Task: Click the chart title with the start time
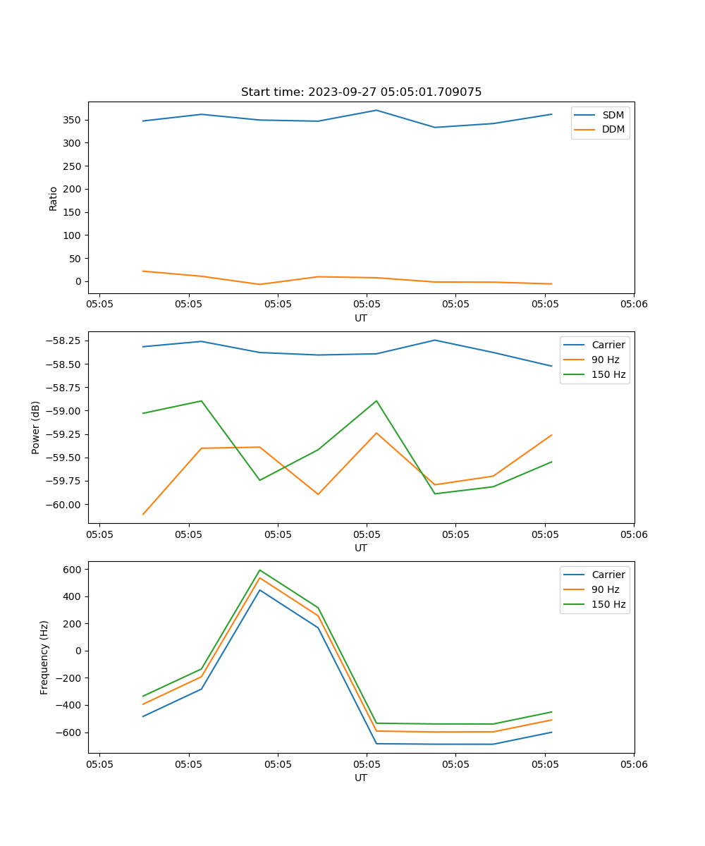click(361, 92)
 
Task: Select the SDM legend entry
click(613, 115)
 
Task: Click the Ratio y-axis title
click(54, 198)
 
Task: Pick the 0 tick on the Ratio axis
click(78, 281)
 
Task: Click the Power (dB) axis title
click(36, 427)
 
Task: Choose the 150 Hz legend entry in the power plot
click(608, 374)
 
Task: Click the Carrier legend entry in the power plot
click(608, 345)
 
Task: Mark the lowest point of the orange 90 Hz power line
click(143, 514)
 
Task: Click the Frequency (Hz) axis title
click(44, 657)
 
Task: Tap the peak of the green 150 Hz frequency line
click(260, 570)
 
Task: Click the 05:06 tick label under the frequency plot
click(633, 764)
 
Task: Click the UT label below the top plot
click(361, 318)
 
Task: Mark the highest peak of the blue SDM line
click(376, 110)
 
